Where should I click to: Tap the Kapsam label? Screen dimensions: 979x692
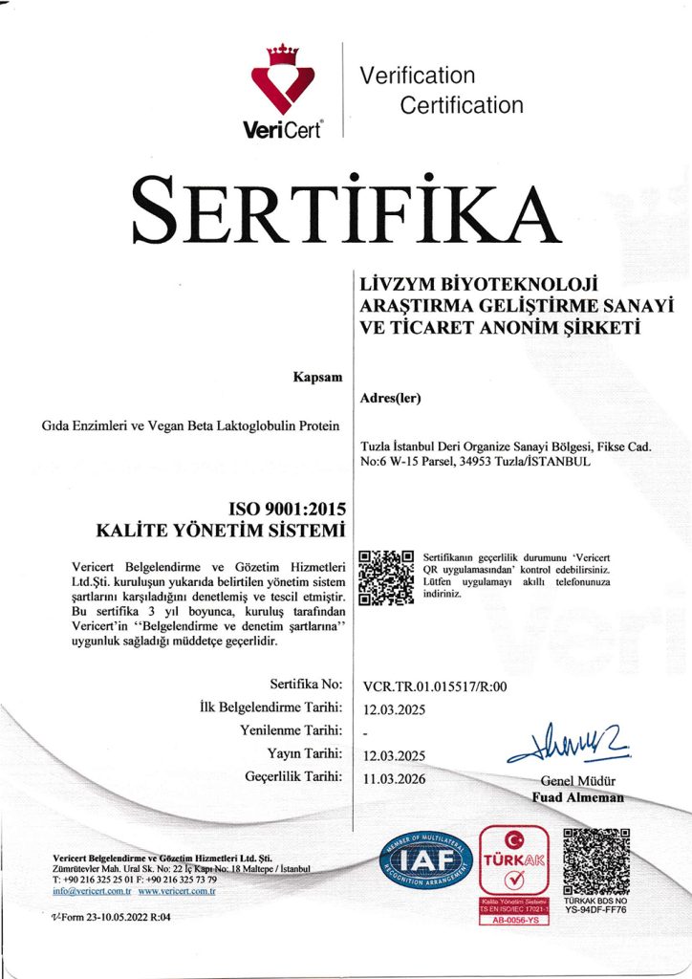[317, 378]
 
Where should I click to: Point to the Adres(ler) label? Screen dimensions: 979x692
[392, 398]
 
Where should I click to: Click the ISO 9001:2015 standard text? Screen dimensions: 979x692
[287, 508]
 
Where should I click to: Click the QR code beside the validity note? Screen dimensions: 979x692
[385, 577]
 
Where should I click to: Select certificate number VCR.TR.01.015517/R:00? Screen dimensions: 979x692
[435, 685]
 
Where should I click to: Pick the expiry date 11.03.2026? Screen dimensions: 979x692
[395, 778]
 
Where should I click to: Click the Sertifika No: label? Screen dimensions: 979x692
[307, 685]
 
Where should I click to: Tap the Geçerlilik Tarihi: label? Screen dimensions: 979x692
[294, 777]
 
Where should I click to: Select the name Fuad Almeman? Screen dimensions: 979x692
[577, 797]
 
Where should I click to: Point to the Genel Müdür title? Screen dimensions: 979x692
[578, 781]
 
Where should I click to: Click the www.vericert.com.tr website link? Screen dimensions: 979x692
[177, 891]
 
